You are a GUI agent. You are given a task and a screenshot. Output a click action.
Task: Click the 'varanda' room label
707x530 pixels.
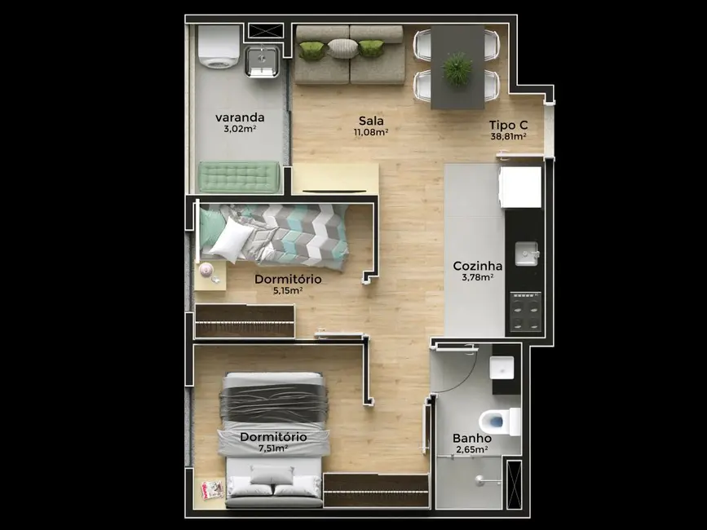click(x=240, y=117)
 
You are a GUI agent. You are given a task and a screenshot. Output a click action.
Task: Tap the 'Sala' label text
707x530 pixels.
click(x=371, y=120)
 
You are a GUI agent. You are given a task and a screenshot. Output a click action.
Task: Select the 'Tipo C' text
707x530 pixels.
click(x=508, y=125)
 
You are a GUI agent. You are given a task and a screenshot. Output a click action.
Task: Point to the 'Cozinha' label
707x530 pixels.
click(x=478, y=266)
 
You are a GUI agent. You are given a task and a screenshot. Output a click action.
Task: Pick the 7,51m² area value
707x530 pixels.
click(x=273, y=448)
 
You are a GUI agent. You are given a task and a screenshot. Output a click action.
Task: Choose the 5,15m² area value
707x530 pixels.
click(x=287, y=290)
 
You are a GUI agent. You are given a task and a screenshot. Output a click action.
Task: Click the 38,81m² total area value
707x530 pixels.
click(x=508, y=137)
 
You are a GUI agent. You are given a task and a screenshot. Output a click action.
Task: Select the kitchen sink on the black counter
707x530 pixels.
click(x=526, y=254)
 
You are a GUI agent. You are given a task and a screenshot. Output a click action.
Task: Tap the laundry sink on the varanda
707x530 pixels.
click(x=263, y=60)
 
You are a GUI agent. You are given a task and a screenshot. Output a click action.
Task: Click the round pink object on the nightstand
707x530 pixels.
click(x=206, y=269)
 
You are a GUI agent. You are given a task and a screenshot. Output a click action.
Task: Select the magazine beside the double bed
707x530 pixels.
click(x=213, y=489)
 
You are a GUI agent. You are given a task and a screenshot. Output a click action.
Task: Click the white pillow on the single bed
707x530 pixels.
click(x=235, y=239)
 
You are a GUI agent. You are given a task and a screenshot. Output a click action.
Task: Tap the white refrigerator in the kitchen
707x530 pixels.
click(x=520, y=187)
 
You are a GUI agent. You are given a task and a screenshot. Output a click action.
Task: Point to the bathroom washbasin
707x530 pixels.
click(x=502, y=369)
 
